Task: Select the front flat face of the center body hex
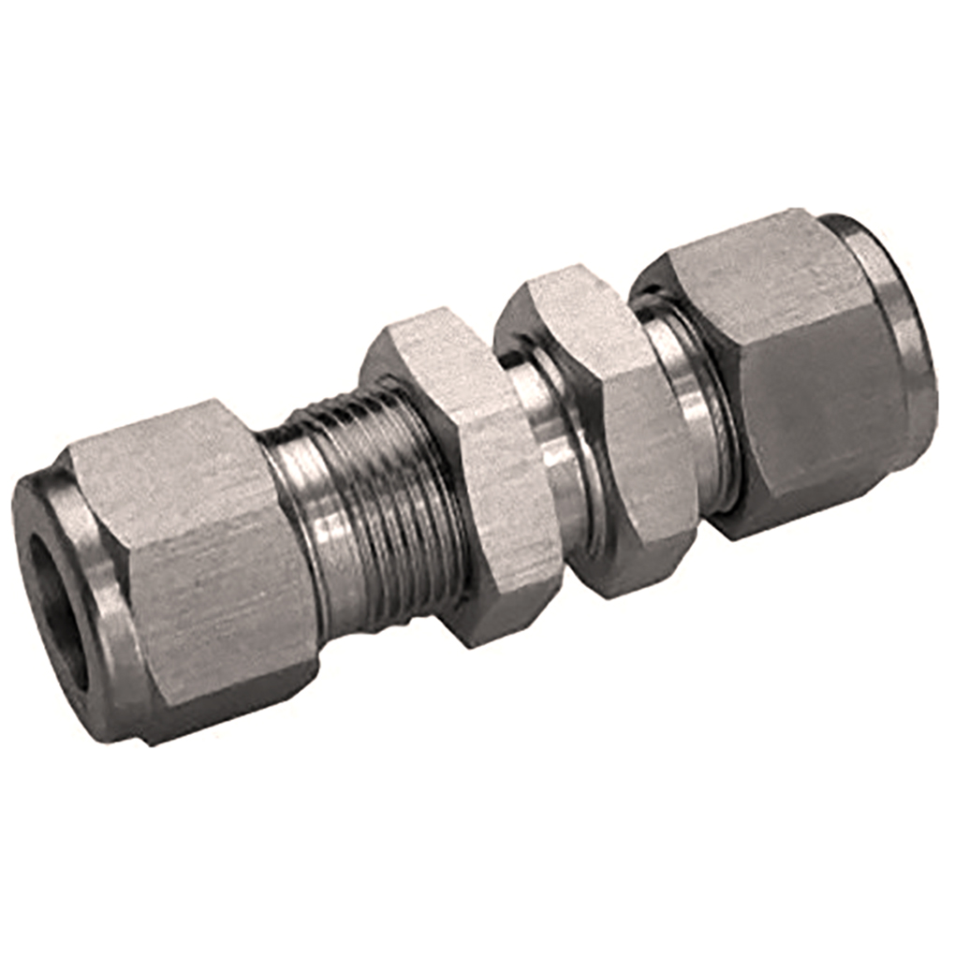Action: [637, 449]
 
